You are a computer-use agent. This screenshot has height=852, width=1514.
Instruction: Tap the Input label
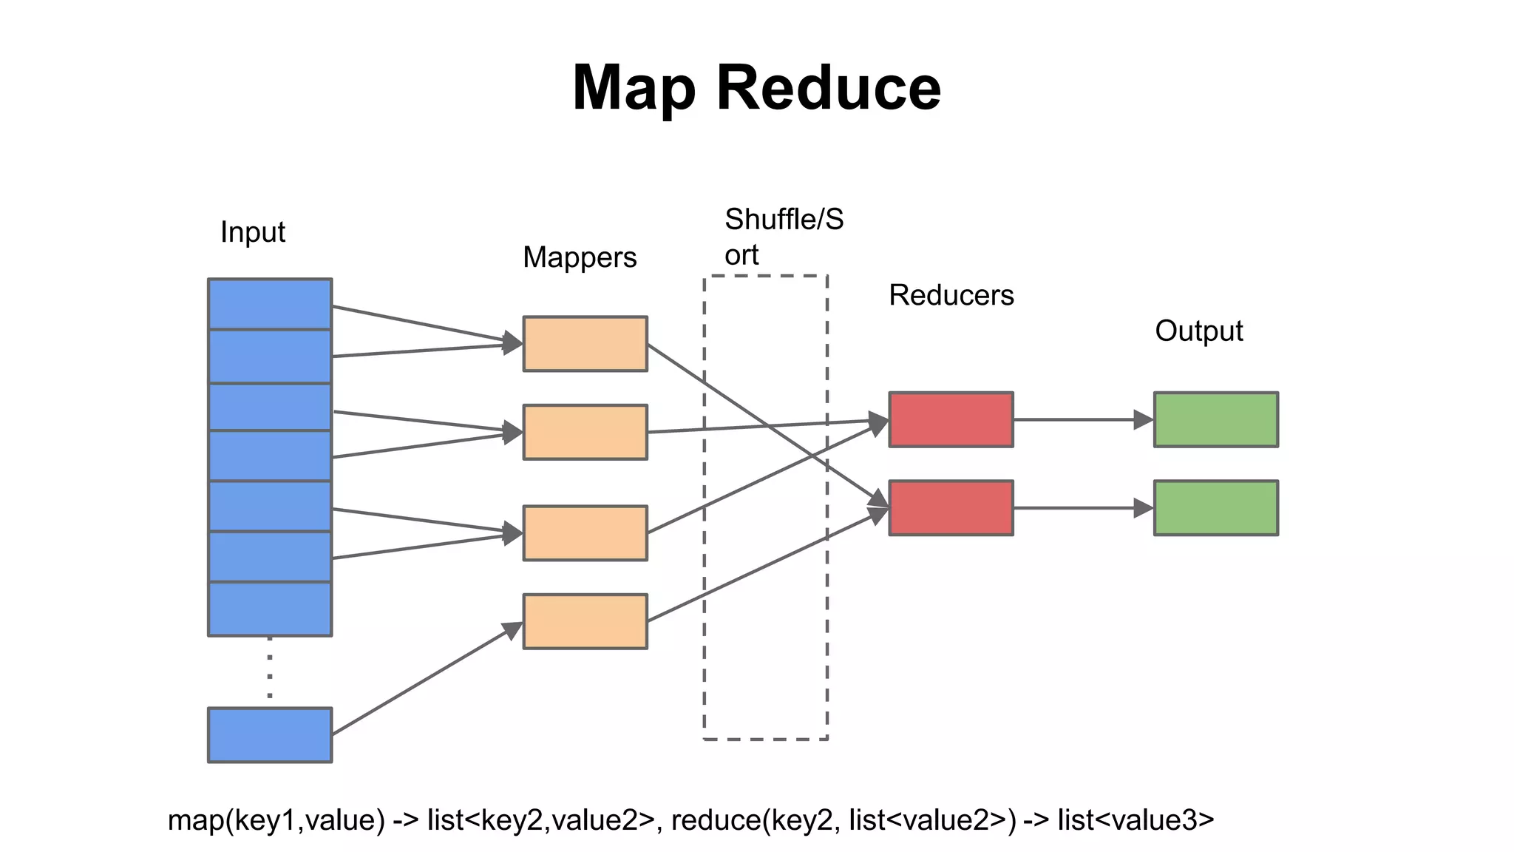point(252,232)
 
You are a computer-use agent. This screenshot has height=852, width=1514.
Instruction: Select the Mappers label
point(580,257)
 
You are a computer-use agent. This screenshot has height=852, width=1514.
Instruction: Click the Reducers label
point(951,295)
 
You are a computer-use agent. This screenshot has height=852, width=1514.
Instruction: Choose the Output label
point(1198,331)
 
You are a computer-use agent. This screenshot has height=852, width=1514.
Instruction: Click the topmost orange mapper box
point(585,344)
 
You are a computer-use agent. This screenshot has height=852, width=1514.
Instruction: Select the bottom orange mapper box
point(585,621)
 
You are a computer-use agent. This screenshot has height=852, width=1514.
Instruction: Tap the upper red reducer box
point(951,419)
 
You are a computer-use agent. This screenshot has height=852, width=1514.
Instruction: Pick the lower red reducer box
point(951,508)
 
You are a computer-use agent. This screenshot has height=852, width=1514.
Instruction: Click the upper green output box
point(1215,419)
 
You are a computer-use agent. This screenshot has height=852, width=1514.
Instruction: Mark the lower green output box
point(1215,508)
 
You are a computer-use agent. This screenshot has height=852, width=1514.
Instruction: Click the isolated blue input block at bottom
point(270,734)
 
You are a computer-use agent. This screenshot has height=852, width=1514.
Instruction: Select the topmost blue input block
point(270,304)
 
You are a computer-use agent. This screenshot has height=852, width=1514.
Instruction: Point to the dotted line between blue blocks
point(270,669)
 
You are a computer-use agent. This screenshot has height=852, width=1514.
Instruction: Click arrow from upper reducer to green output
point(1079,419)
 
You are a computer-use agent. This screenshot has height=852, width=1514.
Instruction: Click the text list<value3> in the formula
point(1135,820)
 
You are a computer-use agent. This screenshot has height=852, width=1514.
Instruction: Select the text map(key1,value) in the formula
point(276,820)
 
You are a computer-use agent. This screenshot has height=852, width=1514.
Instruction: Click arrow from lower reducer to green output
point(1079,508)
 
